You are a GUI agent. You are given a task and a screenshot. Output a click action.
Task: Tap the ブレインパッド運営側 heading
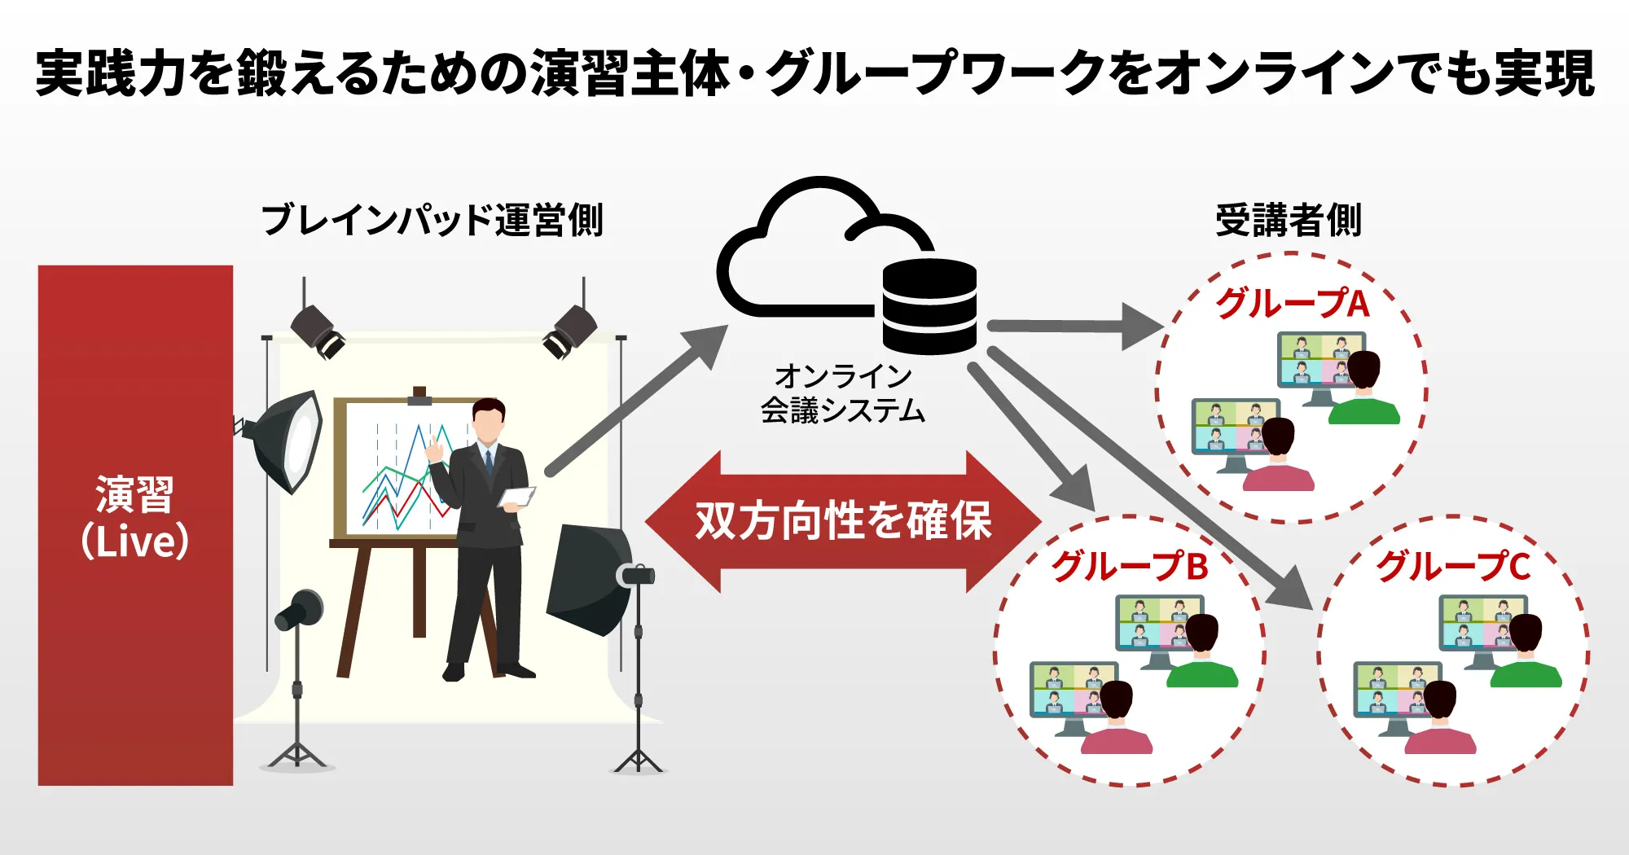[432, 221]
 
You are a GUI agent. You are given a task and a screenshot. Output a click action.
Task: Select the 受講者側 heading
[1288, 221]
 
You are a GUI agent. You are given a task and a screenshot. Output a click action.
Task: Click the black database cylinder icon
[929, 306]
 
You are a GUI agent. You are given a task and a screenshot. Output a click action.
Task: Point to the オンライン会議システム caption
[843, 393]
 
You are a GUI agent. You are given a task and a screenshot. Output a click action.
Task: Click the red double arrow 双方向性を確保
[843, 521]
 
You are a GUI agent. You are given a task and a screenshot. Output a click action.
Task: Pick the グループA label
[1292, 304]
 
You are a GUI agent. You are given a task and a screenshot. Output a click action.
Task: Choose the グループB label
[1130, 566]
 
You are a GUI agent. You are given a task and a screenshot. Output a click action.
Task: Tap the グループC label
[1454, 566]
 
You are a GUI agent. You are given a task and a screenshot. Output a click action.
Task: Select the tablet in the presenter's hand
[516, 497]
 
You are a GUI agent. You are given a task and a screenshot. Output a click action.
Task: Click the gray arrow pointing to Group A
[1075, 327]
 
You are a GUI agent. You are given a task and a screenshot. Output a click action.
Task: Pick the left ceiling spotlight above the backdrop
[318, 330]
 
